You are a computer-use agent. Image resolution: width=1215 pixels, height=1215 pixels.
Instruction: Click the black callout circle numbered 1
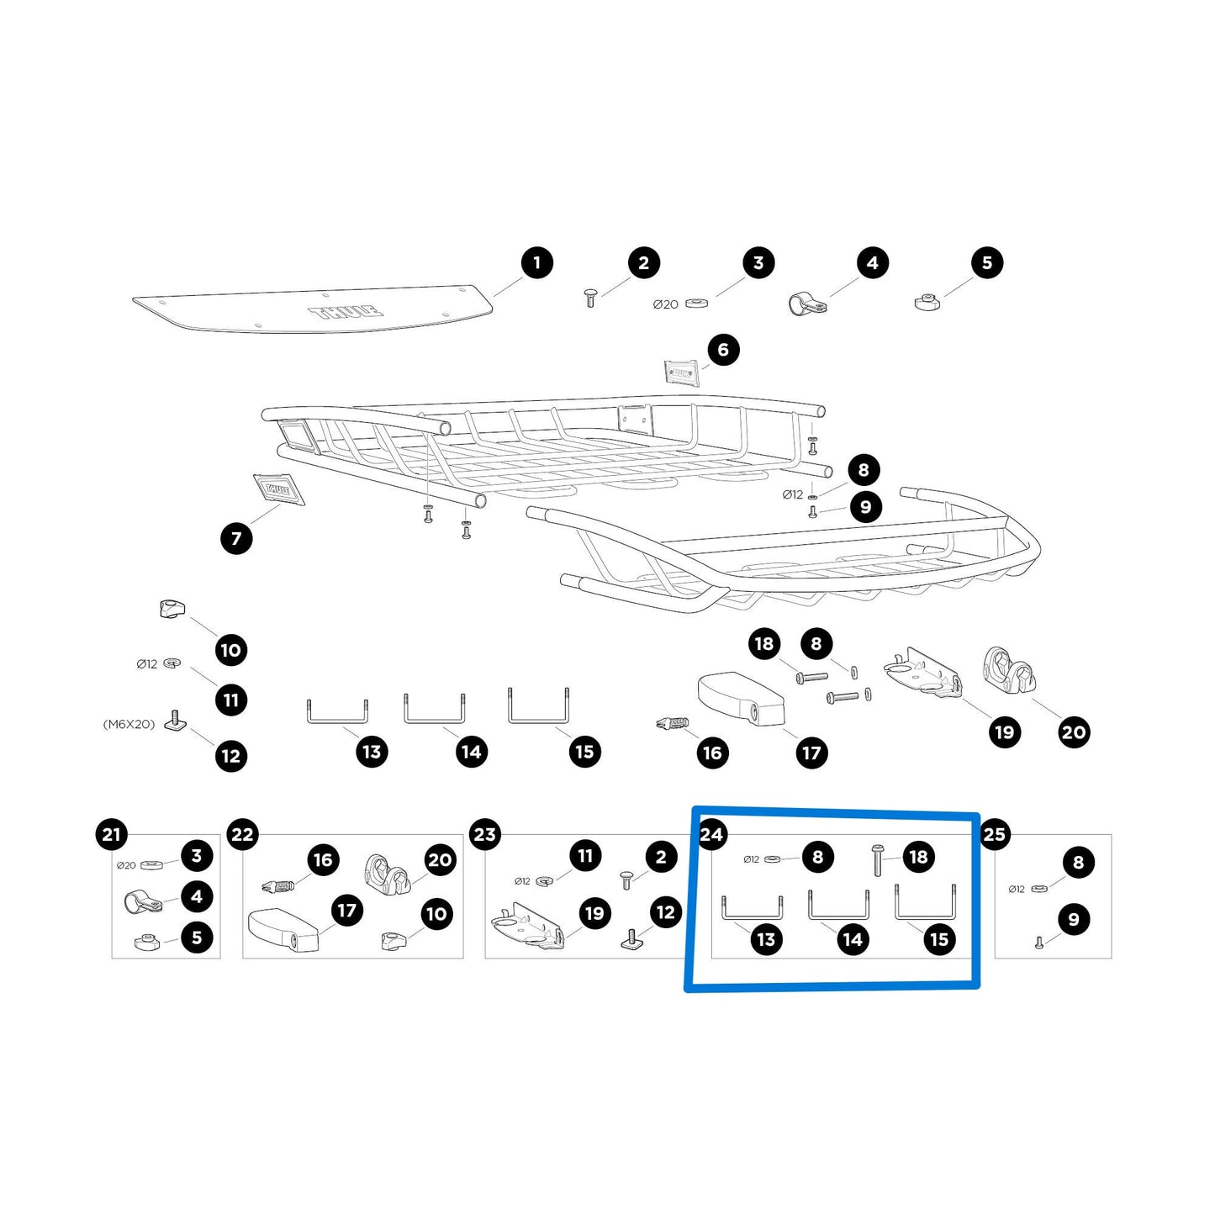(x=536, y=263)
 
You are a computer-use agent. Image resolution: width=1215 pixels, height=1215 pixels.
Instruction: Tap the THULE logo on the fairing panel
(x=346, y=312)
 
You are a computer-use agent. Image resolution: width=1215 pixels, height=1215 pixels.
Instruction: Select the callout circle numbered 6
(x=723, y=350)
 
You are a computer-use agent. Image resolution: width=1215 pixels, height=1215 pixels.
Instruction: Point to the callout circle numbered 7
(x=236, y=538)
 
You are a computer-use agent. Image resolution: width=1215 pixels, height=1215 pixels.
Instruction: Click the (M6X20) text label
(x=129, y=724)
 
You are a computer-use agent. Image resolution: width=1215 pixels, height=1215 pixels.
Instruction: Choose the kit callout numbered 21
(x=111, y=834)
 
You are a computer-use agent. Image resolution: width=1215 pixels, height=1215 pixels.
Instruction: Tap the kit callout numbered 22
(x=242, y=834)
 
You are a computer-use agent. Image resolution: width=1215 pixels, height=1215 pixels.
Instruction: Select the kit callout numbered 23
(x=484, y=834)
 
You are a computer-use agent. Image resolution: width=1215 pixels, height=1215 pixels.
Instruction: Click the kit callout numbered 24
(x=711, y=834)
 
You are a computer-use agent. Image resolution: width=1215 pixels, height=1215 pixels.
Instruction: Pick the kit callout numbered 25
(x=994, y=834)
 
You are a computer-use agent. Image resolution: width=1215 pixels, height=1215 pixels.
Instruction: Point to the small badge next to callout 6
(x=682, y=372)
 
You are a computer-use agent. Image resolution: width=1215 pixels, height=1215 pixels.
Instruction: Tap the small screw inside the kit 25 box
(x=1039, y=943)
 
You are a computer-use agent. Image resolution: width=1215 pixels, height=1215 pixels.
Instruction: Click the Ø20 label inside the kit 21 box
(x=126, y=866)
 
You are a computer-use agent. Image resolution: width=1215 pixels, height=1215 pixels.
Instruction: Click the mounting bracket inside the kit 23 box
(x=528, y=926)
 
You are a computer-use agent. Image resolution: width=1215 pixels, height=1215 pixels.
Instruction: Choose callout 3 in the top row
(x=758, y=263)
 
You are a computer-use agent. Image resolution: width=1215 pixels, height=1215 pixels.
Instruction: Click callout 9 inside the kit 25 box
(x=1074, y=920)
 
